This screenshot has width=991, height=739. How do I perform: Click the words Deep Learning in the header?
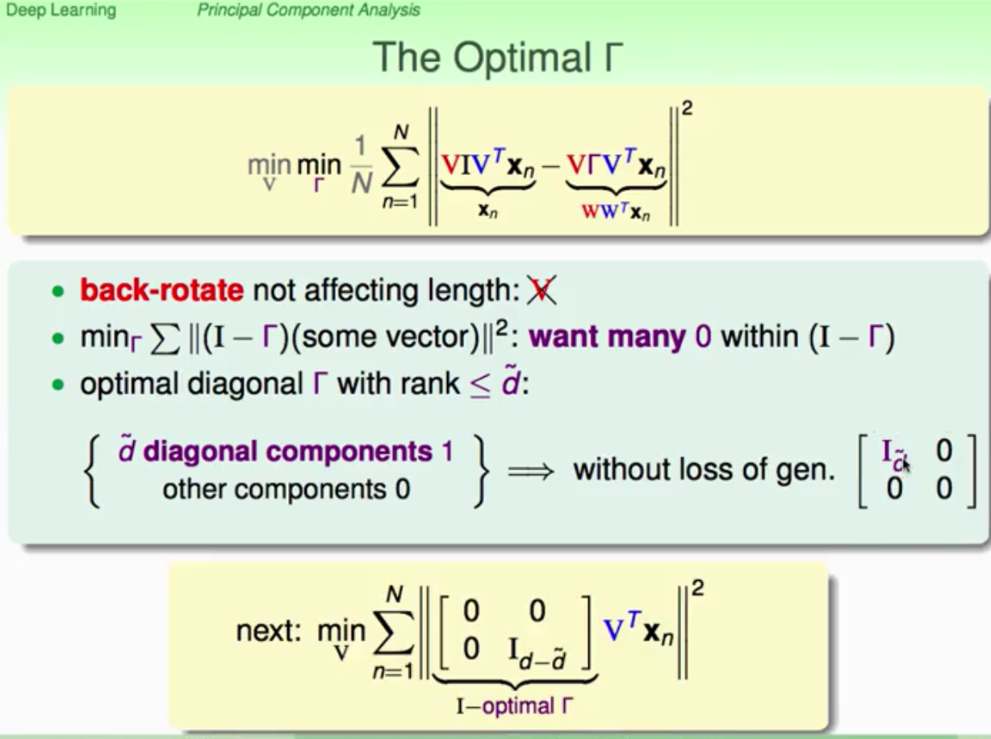click(61, 10)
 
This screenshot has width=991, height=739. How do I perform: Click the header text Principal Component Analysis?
click(309, 10)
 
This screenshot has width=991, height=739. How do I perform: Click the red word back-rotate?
click(161, 290)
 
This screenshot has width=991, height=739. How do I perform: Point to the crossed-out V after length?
click(541, 290)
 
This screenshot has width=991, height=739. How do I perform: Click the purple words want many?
click(607, 337)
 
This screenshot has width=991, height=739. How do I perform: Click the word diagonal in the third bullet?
click(245, 384)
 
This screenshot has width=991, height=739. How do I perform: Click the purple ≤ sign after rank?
click(480, 386)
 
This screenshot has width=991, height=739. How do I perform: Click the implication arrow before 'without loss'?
click(530, 472)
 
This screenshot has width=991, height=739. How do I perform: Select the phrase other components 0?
click(286, 490)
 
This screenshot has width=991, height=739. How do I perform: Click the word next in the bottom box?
click(269, 631)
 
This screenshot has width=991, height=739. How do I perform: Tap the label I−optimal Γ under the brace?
click(515, 706)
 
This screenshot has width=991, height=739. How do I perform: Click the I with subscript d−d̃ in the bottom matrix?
click(537, 653)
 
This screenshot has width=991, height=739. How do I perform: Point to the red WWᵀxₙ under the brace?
click(616, 211)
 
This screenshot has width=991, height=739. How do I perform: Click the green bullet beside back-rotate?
click(58, 291)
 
